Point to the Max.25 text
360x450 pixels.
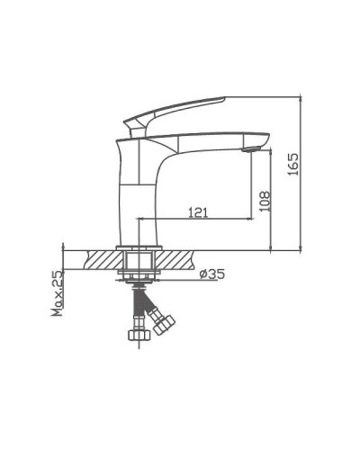(57, 295)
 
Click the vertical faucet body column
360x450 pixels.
(136, 193)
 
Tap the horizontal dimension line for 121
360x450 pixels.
(193, 219)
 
